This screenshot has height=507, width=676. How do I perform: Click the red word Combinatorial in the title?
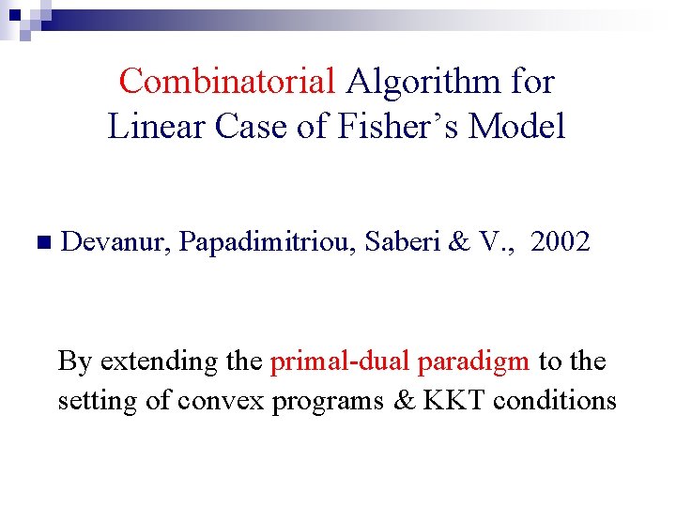[226, 82]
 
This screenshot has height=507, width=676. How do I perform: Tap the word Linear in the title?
[157, 125]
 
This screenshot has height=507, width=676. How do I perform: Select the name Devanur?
[115, 242]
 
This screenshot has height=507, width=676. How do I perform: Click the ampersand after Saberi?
[459, 242]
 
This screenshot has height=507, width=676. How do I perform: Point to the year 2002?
[561, 242]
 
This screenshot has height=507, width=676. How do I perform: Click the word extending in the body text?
[157, 361]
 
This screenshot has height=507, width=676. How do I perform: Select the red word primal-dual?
[340, 361]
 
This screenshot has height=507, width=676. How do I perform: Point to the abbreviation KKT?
[454, 401]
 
